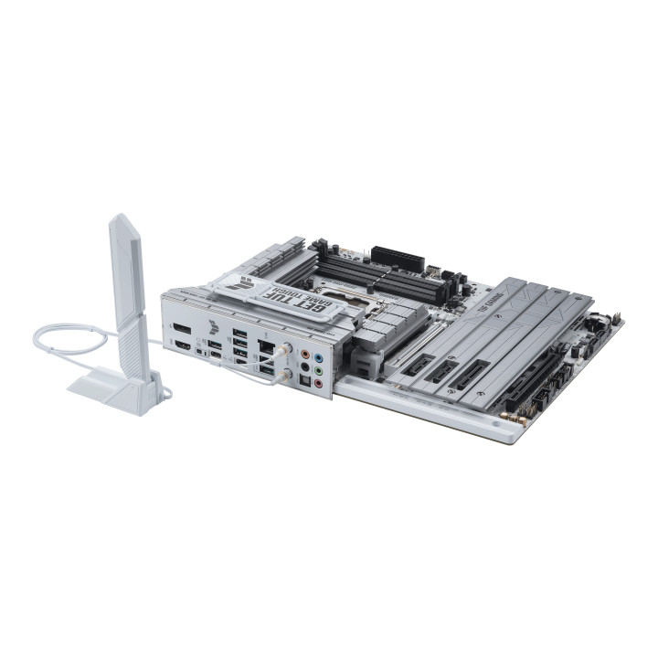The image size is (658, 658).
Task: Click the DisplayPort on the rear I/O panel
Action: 182,327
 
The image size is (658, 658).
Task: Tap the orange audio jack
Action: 304,350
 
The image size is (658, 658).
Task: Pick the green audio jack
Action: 318,371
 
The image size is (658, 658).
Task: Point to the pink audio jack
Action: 318,385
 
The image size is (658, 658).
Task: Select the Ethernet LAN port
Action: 264,346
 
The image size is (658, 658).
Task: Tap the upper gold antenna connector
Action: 286,349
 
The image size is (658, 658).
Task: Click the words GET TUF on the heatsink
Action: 279,295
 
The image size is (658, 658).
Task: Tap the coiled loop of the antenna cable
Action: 69,340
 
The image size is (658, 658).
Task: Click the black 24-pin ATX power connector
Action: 398,258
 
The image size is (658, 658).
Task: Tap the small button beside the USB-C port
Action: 198,351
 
